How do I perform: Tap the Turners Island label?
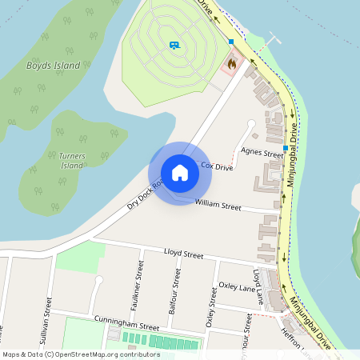[x=72, y=160]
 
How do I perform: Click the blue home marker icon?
[x=180, y=173]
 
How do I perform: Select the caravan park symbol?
[x=174, y=45]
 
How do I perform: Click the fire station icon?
[x=232, y=62]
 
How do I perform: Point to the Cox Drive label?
[x=217, y=167]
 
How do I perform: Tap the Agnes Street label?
[x=262, y=151]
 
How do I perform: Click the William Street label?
[x=218, y=206]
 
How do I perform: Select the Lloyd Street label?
[x=183, y=254]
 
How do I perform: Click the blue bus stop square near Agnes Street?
[x=286, y=148]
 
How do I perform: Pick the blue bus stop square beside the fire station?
[x=231, y=42]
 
